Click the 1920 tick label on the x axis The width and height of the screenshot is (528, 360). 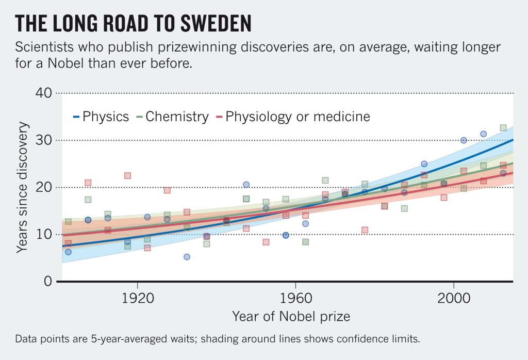coord(138,298)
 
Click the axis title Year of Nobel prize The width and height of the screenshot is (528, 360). coord(291,316)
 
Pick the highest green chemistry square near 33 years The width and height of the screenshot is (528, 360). coord(503,128)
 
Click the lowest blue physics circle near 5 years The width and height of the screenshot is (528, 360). coord(187,257)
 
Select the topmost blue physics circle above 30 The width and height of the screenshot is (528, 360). coord(483,134)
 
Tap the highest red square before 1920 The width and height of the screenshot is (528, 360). coord(127,176)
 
